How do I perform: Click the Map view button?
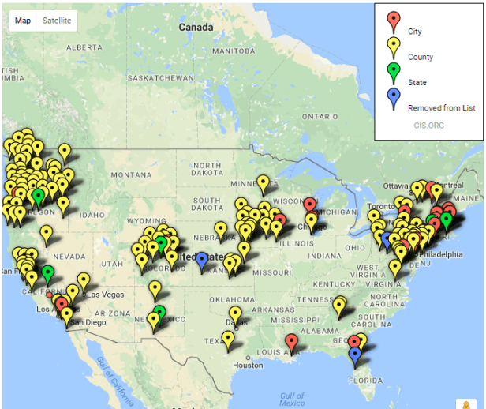point(23,21)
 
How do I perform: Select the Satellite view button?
point(56,21)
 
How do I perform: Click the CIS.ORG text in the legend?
point(428,124)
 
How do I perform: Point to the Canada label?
point(196,28)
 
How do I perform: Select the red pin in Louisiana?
point(292,341)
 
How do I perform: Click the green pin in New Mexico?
point(159,313)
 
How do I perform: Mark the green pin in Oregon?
point(38,196)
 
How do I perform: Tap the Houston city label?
point(248,365)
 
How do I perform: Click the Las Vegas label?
point(105,295)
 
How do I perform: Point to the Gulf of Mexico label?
point(291,398)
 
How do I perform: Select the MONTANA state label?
point(130,174)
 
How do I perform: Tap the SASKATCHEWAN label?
point(161,78)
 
